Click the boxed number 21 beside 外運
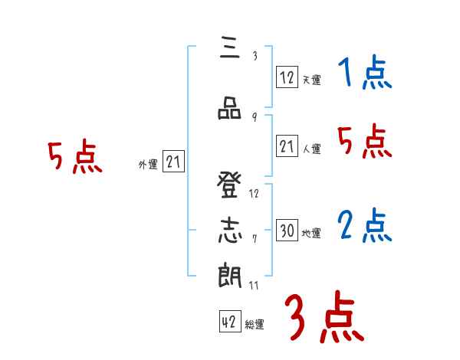point(174,162)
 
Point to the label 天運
point(311,80)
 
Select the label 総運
point(255,325)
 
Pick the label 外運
point(148,164)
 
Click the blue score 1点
point(364,74)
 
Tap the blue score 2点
point(364,227)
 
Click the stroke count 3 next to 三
point(255,55)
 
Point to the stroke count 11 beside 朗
point(255,285)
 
